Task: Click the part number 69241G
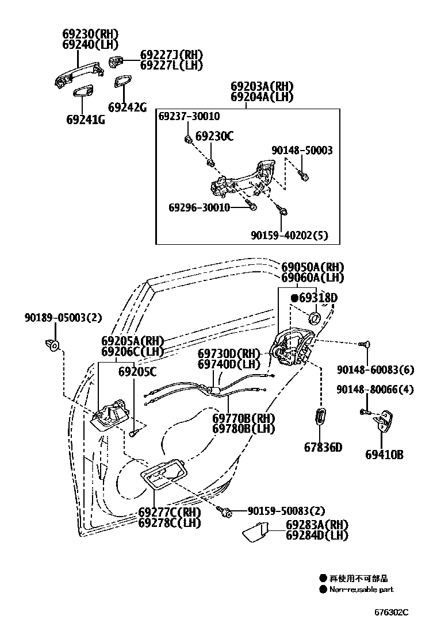point(85,120)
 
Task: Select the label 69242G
point(127,107)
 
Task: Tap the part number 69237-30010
point(189,117)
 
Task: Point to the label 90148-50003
point(302,151)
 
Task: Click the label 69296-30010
point(199,207)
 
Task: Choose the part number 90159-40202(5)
point(289,235)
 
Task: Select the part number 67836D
point(323,446)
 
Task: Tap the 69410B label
point(384,455)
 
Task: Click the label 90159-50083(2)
point(286,510)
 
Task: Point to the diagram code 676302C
point(391,612)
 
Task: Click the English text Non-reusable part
point(361,589)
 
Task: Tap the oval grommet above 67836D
point(321,416)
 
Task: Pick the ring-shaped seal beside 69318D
point(315,318)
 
